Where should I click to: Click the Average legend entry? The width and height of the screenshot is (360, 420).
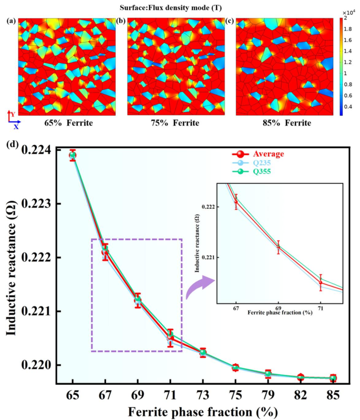pos(269,154)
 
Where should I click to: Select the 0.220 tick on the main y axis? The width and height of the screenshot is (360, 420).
pos(46,365)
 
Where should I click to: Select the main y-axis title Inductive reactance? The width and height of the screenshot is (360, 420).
pos(12,258)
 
